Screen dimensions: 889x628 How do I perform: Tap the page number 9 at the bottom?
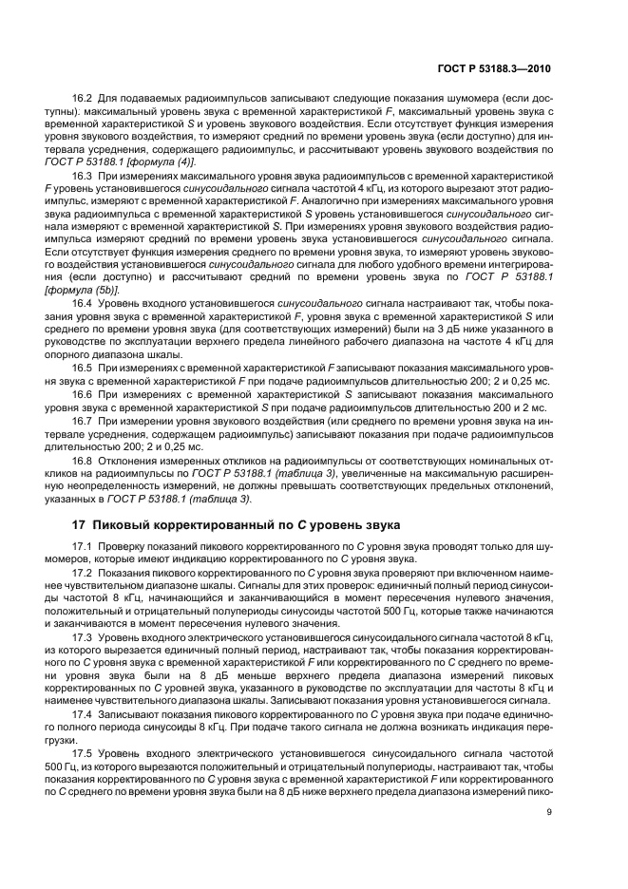[x=550, y=811]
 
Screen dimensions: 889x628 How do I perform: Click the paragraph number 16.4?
[x=84, y=301]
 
